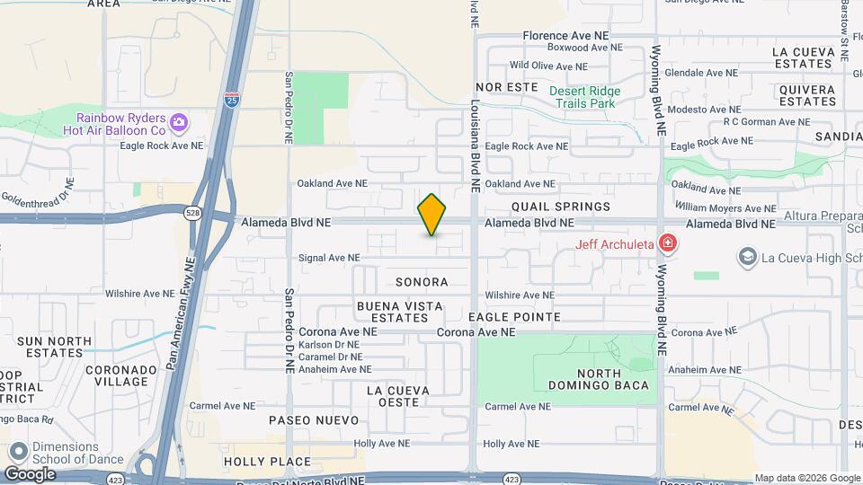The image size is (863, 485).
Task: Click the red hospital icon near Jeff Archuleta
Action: click(x=667, y=242)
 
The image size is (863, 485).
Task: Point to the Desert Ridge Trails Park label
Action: click(x=582, y=97)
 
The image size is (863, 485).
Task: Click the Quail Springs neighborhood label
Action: click(x=561, y=207)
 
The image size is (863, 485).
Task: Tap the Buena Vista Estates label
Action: click(x=400, y=312)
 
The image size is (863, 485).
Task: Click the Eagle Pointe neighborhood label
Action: click(x=514, y=317)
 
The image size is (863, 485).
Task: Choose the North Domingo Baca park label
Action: click(x=586, y=380)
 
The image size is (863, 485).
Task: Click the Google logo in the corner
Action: click(x=30, y=473)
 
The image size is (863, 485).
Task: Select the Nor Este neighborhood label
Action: click(x=501, y=87)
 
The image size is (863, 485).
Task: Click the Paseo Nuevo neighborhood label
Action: click(x=314, y=420)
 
